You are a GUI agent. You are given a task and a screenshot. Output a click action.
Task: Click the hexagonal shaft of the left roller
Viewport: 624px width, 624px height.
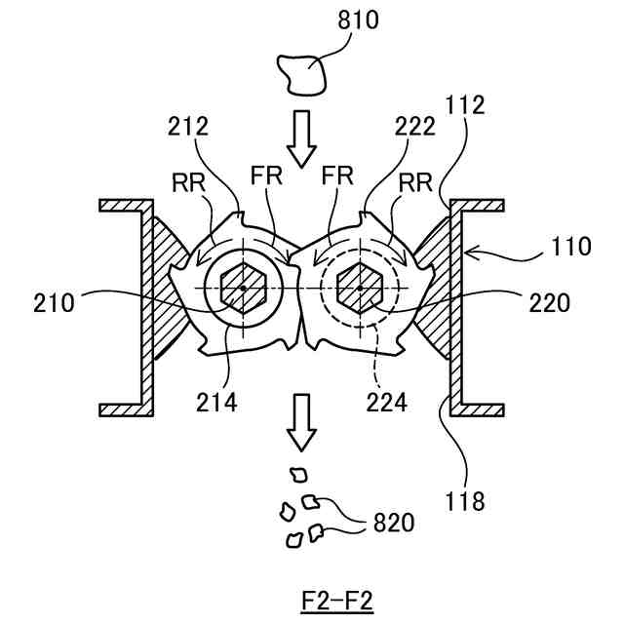[242, 289]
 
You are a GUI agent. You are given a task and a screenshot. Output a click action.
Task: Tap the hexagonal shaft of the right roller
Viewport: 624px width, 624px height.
[359, 289]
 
